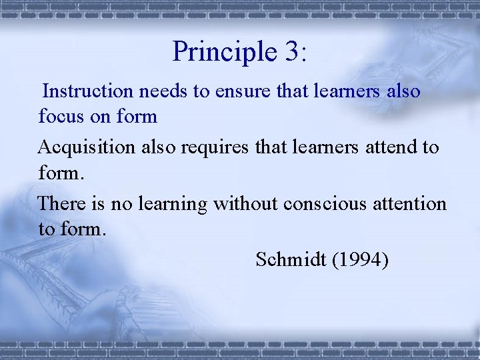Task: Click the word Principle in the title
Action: pyautogui.click(x=219, y=52)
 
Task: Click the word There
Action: pyautogui.click(x=59, y=203)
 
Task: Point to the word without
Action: pyautogui.click(x=245, y=203)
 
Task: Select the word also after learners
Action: pyautogui.click(x=403, y=91)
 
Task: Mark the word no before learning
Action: pyautogui.click(x=122, y=203)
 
